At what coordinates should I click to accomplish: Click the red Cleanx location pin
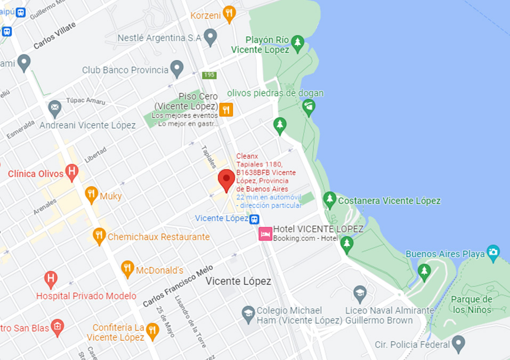(226, 180)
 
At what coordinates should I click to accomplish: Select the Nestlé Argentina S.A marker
(211, 37)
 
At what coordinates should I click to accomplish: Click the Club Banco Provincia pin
(177, 68)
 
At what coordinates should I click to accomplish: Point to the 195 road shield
(209, 75)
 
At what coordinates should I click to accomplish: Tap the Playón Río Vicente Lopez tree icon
(297, 42)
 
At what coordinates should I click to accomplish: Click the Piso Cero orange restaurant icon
(226, 109)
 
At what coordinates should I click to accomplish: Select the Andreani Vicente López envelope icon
(55, 108)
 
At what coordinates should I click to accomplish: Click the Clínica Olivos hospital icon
(71, 172)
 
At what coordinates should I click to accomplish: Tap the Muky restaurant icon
(92, 194)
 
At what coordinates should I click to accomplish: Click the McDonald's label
(159, 270)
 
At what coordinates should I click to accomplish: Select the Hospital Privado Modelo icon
(51, 278)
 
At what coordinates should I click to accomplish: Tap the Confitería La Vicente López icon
(152, 331)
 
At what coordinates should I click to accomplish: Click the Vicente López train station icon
(255, 219)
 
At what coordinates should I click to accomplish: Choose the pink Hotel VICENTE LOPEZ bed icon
(265, 234)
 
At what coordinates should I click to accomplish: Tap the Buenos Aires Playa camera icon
(493, 252)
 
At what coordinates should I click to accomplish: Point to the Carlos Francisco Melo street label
(177, 286)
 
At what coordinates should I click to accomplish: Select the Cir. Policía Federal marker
(458, 343)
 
